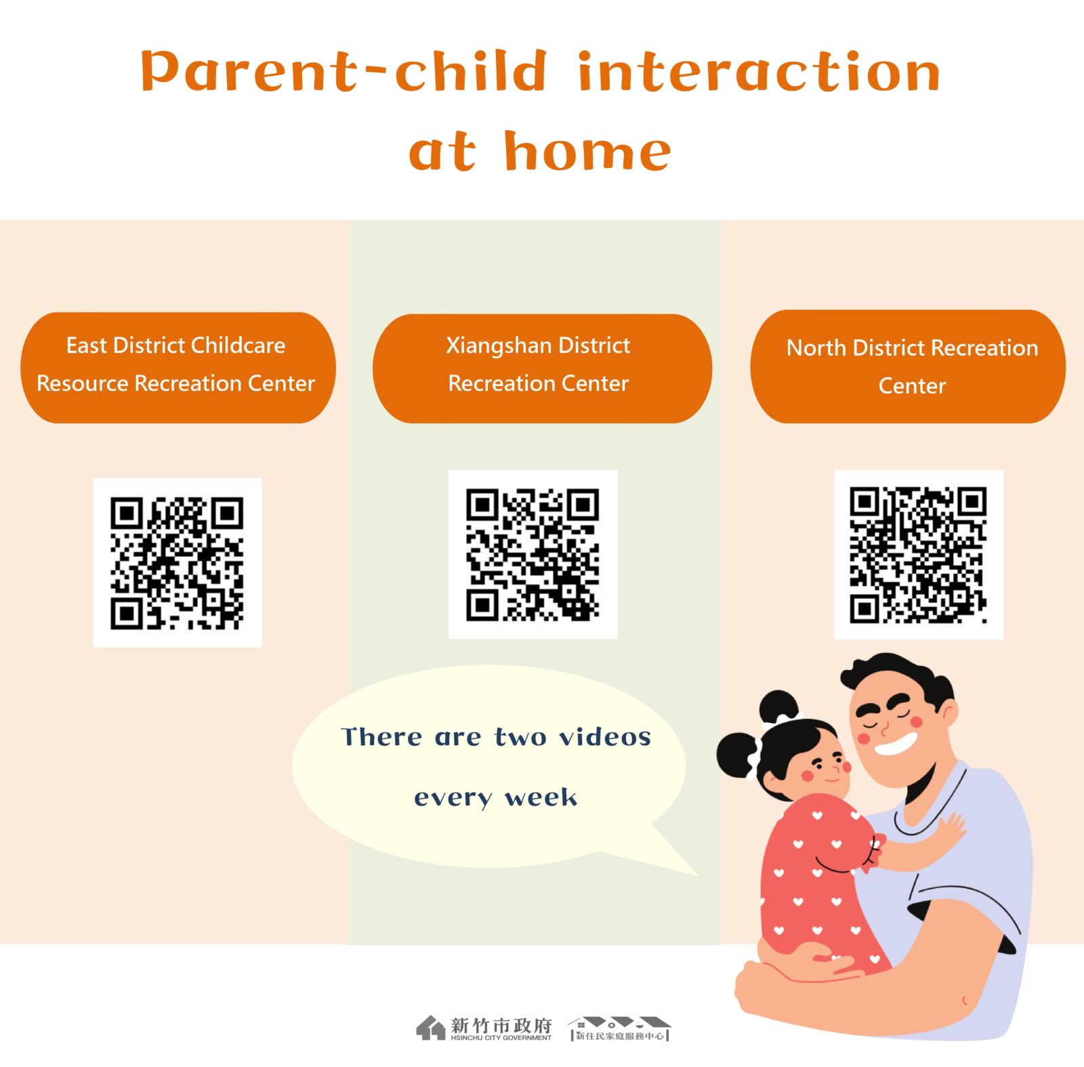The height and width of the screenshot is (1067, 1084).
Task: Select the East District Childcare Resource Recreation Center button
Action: (x=178, y=367)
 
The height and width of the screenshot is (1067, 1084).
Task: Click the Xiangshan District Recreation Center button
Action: (x=542, y=368)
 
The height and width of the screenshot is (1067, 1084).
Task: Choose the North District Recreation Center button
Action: (x=908, y=367)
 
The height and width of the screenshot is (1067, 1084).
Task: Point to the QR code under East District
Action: (x=177, y=562)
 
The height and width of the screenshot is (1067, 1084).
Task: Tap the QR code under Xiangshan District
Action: (x=533, y=554)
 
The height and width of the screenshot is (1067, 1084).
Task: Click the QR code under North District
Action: (x=918, y=554)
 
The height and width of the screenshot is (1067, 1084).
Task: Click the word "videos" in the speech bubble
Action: (x=604, y=736)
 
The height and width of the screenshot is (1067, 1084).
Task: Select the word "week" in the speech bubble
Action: (x=541, y=797)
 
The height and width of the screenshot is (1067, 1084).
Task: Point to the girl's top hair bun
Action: (x=779, y=707)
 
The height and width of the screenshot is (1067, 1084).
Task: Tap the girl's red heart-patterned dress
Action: (x=816, y=887)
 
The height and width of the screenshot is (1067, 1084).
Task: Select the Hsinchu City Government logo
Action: (x=484, y=1028)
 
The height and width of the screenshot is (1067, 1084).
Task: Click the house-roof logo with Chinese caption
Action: (x=619, y=1028)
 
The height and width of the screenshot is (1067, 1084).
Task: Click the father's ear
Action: (x=947, y=713)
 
